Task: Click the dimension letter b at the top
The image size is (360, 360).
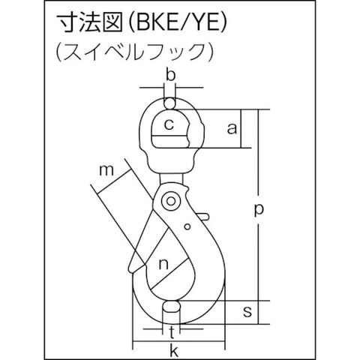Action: (x=171, y=75)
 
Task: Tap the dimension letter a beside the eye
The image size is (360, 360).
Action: (x=232, y=129)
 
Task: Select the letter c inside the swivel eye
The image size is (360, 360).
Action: (x=169, y=124)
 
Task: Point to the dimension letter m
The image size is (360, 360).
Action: (x=106, y=170)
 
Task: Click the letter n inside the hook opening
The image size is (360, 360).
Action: (x=163, y=264)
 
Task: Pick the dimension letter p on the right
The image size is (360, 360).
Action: (x=259, y=210)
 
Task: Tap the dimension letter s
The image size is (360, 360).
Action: (x=247, y=311)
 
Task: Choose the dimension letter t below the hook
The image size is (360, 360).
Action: (x=172, y=332)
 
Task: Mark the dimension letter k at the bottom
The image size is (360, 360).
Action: (x=174, y=350)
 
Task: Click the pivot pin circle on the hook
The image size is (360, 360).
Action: (x=171, y=201)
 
